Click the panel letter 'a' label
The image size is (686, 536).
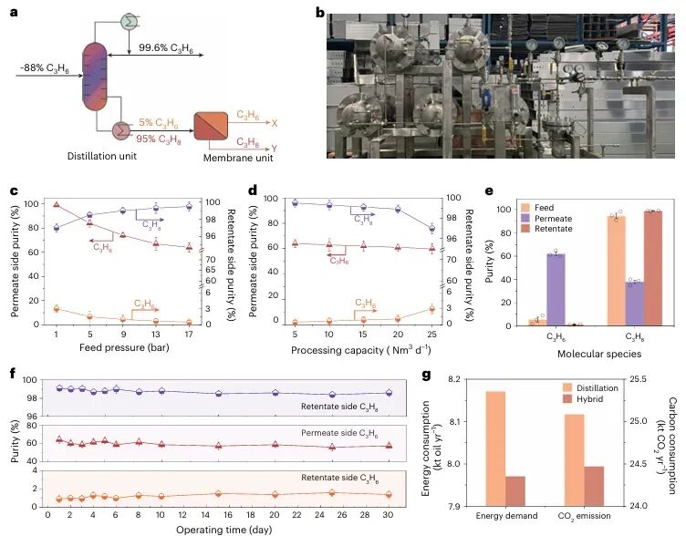[13, 13]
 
